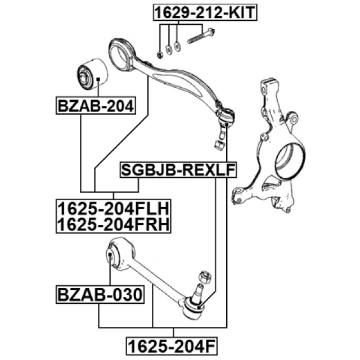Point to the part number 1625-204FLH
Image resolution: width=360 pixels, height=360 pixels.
click(x=112, y=209)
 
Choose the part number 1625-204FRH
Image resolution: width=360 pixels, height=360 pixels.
click(x=112, y=224)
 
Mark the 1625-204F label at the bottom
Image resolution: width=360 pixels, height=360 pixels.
click(x=171, y=344)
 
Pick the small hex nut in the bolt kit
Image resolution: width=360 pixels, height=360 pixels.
click(x=160, y=53)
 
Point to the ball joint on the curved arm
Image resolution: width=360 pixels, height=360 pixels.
click(x=226, y=116)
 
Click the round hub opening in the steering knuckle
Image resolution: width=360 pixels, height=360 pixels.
click(x=292, y=159)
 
